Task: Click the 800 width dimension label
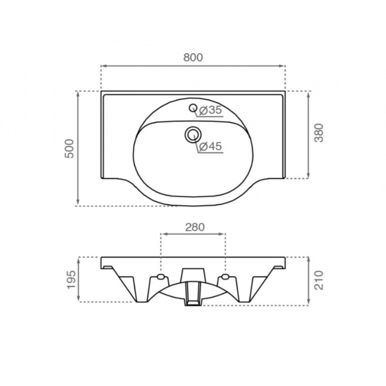coord(193,57)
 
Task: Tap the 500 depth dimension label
coord(69,149)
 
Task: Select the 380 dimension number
coord(319,133)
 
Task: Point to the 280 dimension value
coord(195,227)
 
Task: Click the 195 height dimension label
coord(71,280)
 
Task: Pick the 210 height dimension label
coord(319,280)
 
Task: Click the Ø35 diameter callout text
coord(210,110)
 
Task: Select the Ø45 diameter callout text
coord(210,147)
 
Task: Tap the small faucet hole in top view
coord(193,108)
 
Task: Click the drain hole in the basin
coord(193,135)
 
